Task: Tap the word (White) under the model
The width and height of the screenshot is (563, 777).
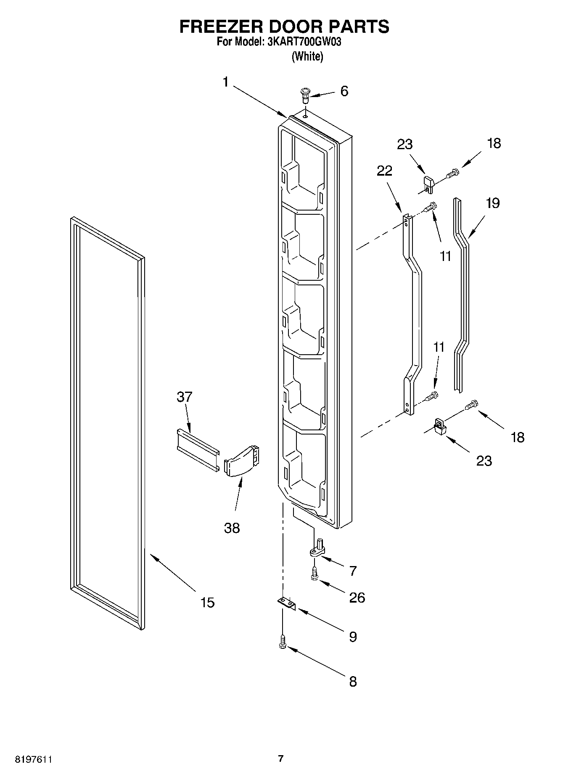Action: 307,56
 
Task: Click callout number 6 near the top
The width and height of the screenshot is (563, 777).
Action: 344,91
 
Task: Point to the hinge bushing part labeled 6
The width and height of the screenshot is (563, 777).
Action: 305,95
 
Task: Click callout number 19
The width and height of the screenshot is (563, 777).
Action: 492,203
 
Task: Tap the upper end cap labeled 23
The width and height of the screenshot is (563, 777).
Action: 428,184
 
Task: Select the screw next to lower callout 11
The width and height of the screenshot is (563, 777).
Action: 432,396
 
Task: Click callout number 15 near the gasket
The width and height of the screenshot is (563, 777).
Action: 208,603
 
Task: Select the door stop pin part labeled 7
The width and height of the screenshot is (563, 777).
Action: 318,548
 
